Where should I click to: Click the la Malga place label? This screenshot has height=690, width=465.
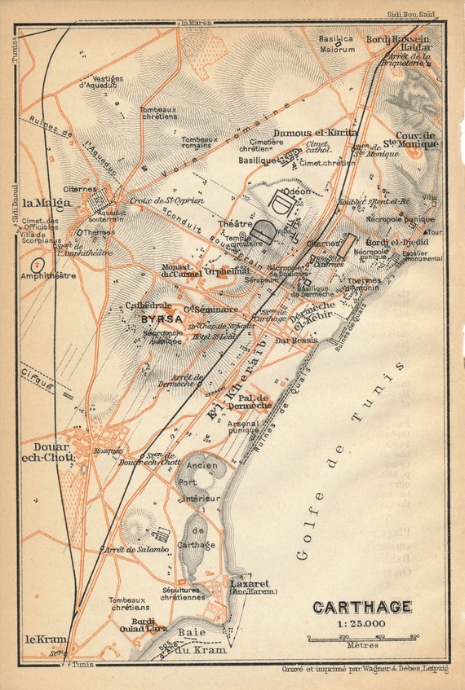46,203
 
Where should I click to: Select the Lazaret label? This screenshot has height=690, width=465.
247,583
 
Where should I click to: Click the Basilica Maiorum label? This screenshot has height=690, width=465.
336,44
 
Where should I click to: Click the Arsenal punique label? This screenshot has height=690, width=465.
244,426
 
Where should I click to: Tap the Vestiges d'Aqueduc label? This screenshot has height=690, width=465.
101,81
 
